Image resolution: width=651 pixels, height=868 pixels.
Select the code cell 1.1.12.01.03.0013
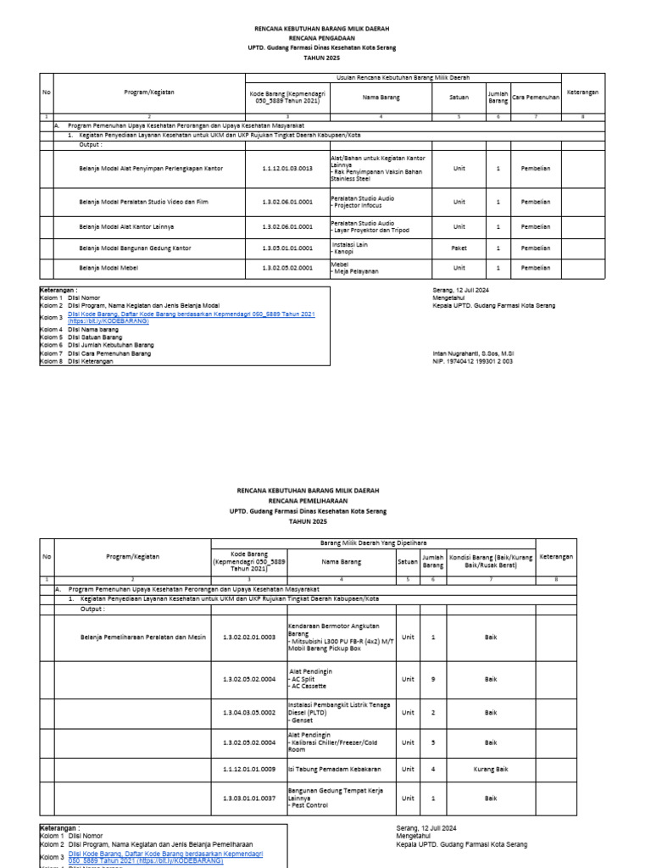click(287, 169)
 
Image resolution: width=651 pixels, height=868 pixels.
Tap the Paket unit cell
click(459, 248)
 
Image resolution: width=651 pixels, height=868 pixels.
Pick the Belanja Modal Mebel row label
click(108, 268)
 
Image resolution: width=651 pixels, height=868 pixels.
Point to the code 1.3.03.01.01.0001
click(287, 248)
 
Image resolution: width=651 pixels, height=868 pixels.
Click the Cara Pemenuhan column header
click(536, 97)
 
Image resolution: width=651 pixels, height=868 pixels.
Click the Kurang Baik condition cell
click(491, 769)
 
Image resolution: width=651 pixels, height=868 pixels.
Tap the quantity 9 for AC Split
click(433, 679)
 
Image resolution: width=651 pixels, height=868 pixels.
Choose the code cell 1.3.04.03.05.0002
click(249, 713)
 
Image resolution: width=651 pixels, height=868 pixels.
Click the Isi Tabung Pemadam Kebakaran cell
click(335, 769)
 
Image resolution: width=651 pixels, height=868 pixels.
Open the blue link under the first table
click(191, 317)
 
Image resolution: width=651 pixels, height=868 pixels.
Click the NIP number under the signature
click(472, 361)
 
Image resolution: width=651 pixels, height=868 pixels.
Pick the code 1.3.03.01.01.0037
click(249, 798)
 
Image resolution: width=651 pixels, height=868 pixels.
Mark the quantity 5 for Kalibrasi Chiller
click(433, 742)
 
